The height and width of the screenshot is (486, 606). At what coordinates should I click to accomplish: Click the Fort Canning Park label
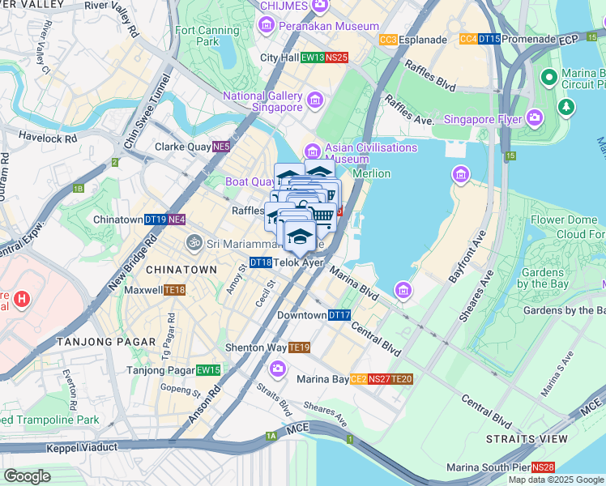click(x=197, y=36)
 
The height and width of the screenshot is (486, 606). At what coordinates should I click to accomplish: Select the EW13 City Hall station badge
click(x=313, y=58)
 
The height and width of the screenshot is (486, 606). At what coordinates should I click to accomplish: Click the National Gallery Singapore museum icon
click(x=315, y=101)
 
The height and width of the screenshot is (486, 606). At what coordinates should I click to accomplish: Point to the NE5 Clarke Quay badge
click(x=220, y=147)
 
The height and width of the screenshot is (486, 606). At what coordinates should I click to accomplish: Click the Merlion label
click(x=370, y=173)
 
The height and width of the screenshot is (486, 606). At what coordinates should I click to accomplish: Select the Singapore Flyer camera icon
click(x=534, y=118)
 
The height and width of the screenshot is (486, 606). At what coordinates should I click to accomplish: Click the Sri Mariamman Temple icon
click(x=194, y=242)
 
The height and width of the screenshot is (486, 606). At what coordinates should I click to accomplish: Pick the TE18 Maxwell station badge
click(x=175, y=290)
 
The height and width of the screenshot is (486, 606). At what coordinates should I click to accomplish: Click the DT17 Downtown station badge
click(x=339, y=315)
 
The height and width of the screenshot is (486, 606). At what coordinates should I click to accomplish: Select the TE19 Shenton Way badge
click(x=300, y=347)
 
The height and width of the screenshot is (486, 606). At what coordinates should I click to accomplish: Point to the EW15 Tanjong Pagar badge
click(x=208, y=370)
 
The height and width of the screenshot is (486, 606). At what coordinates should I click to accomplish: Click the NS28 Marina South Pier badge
click(x=544, y=467)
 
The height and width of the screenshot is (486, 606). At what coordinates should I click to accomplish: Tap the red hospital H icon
click(x=22, y=299)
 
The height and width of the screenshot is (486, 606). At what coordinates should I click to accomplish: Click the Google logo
click(x=27, y=476)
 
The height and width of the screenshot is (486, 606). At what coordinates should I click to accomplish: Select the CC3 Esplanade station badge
click(x=388, y=40)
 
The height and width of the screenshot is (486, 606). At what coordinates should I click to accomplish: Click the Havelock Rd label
click(x=48, y=138)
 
